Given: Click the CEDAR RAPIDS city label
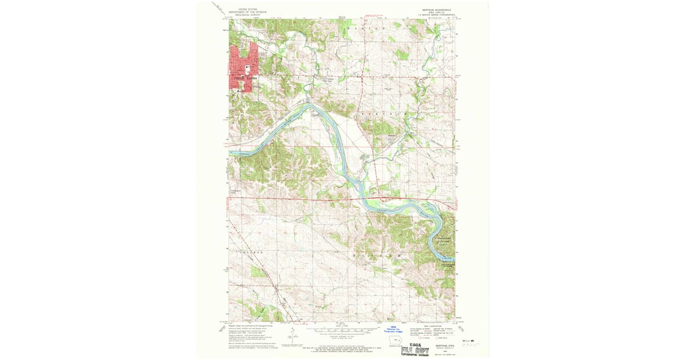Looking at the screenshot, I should [243, 77].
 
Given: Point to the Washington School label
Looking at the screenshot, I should [236, 192].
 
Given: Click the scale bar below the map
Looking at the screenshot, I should [341, 330].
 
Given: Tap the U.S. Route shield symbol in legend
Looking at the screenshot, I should [421, 338].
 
